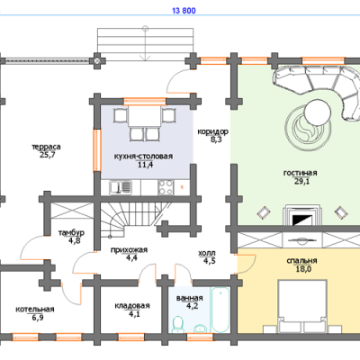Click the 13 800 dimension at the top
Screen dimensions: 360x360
(184, 11)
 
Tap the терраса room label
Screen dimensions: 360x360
(46, 147)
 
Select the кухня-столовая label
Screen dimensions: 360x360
(143, 157)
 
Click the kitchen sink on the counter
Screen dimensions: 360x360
(121, 187)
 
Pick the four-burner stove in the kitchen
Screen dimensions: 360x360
(166, 187)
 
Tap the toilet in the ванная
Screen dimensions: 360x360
(178, 325)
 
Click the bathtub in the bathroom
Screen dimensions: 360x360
(220, 310)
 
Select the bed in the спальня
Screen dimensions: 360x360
(302, 306)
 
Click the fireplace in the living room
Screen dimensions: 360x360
(302, 215)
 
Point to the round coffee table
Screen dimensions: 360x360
(318, 112)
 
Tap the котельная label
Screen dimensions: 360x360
(35, 310)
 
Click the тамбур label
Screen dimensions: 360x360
(71, 233)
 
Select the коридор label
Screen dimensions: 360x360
(213, 131)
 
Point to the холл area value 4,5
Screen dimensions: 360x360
(210, 261)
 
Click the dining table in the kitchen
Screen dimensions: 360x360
(144, 116)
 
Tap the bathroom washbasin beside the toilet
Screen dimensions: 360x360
(200, 328)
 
